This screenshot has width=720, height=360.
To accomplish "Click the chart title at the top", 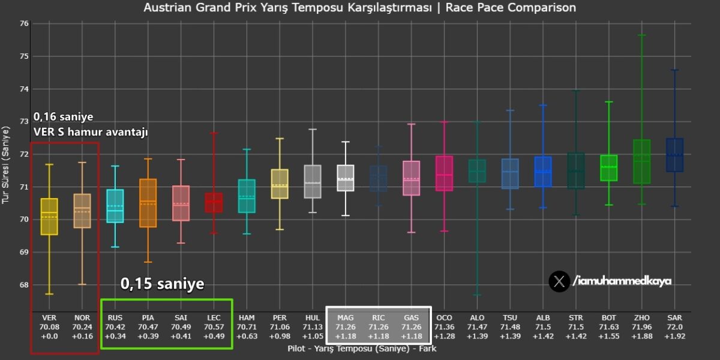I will click(x=360, y=8).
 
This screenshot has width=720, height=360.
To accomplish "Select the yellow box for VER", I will click(x=49, y=217).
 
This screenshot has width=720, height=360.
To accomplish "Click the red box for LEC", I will click(x=214, y=203).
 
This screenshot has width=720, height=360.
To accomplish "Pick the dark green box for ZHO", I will click(x=641, y=161).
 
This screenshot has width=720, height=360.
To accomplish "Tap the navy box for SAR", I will click(x=674, y=155).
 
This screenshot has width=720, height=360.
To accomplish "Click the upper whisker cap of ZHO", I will click(x=641, y=35).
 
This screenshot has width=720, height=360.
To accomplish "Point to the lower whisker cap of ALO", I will click(x=477, y=295).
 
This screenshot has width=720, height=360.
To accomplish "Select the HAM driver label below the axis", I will click(x=247, y=317).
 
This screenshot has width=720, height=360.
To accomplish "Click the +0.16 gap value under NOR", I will click(x=82, y=337).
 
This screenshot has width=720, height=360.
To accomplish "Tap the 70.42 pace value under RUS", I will click(x=115, y=327).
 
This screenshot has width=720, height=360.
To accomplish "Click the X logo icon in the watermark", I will click(x=559, y=281).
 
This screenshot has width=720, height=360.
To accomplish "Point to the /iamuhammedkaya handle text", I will click(x=622, y=281).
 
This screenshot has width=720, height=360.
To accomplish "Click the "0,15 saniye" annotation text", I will click(x=163, y=284).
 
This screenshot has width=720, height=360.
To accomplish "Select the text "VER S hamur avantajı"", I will click(x=91, y=131).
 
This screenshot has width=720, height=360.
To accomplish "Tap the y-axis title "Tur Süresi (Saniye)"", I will click(x=7, y=165).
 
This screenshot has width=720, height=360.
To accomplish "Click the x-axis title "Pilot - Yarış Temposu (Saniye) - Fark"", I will click(x=362, y=348).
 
